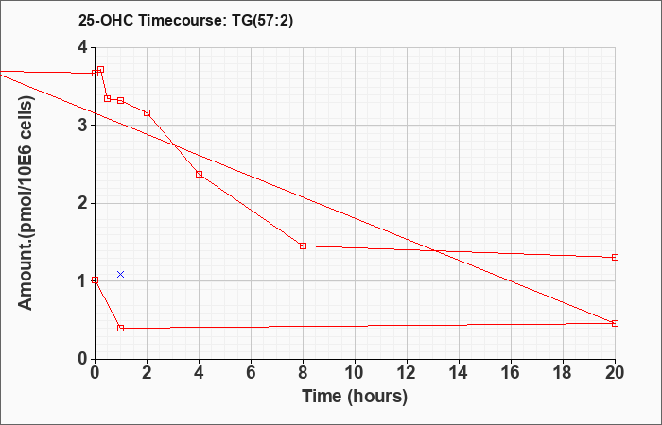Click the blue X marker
pyautogui.click(x=120, y=275)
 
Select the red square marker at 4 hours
pyautogui.click(x=200, y=174)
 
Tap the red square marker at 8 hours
pyautogui.click(x=303, y=246)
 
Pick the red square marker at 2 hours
pyautogui.click(x=147, y=113)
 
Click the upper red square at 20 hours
pyautogui.click(x=615, y=257)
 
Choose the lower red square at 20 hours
pyautogui.click(x=615, y=323)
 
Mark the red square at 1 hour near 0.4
pyautogui.click(x=121, y=328)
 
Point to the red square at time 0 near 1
pyautogui.click(x=95, y=280)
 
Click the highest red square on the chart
pyautogui.click(x=100, y=70)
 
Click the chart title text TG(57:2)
pyautogui.click(x=263, y=20)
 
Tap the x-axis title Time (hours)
pyautogui.click(x=355, y=397)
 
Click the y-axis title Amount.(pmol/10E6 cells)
pyautogui.click(x=26, y=203)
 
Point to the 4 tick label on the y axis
pyautogui.click(x=82, y=47)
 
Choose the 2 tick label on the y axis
pyautogui.click(x=82, y=204)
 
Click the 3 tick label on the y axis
pyautogui.click(x=82, y=126)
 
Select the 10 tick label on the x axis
pyautogui.click(x=355, y=373)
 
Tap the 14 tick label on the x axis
pyautogui.click(x=459, y=373)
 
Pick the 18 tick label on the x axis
pyautogui.click(x=563, y=373)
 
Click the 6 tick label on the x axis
pyautogui.click(x=251, y=373)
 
